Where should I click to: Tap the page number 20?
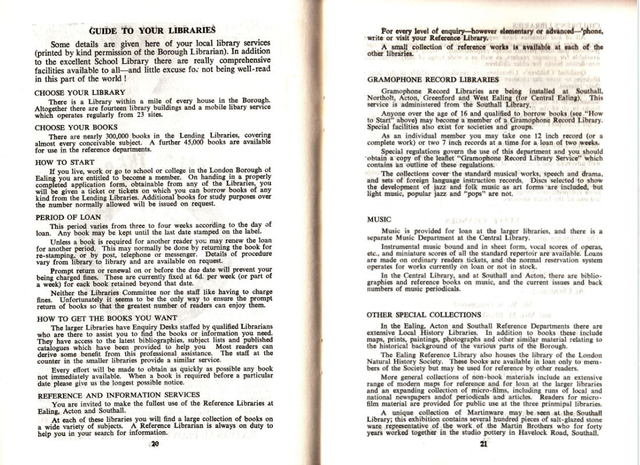pyautogui.click(x=155, y=445)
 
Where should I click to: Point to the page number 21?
pyautogui.click(x=483, y=445)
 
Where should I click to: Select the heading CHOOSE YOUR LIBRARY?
pyautogui.click(x=80, y=92)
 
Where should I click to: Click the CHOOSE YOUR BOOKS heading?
pyautogui.click(x=76, y=127)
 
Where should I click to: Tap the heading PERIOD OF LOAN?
pyautogui.click(x=68, y=217)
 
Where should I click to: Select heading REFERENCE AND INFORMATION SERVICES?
pyautogui.click(x=118, y=395)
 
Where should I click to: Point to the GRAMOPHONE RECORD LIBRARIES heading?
pyautogui.click(x=433, y=79)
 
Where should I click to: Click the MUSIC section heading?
pyautogui.click(x=379, y=220)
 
